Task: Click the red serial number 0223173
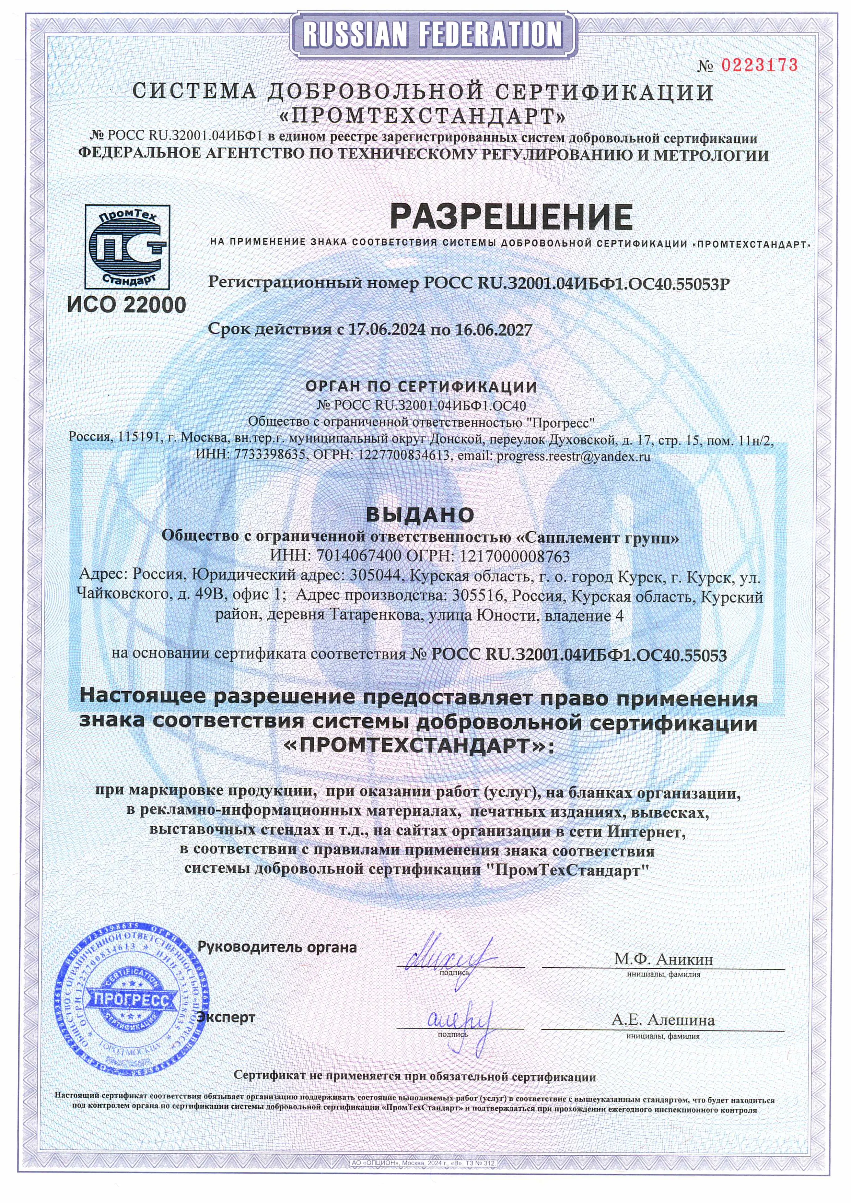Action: (x=759, y=65)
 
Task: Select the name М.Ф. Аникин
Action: (x=663, y=959)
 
